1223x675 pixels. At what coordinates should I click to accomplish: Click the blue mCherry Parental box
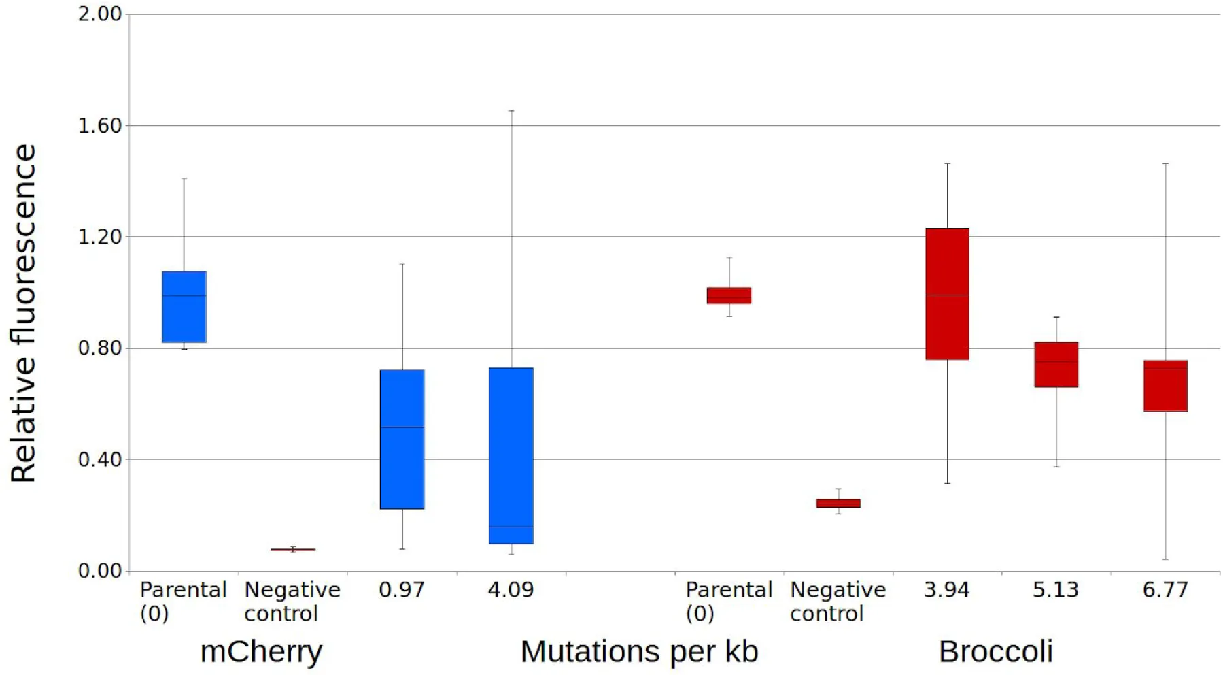[184, 307]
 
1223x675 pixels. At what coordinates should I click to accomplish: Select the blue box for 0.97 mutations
[402, 439]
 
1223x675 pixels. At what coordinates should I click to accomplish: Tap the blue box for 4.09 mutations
[511, 455]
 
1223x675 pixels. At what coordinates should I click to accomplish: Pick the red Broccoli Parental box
[729, 295]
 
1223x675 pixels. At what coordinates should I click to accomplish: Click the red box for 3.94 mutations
[947, 294]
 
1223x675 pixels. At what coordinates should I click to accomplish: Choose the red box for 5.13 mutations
[1056, 365]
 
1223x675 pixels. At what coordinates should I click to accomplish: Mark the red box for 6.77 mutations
[1165, 386]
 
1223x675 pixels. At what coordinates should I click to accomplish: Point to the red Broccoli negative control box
[838, 504]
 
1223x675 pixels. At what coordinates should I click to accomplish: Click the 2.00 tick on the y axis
[99, 14]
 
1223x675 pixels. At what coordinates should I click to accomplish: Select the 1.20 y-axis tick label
[99, 237]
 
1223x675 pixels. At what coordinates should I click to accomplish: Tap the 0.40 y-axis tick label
[99, 460]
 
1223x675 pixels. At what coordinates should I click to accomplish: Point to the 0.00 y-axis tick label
[99, 571]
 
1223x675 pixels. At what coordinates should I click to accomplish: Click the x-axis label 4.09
[511, 590]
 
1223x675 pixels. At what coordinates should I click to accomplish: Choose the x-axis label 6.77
[1165, 590]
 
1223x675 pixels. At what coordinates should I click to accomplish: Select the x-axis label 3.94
[947, 590]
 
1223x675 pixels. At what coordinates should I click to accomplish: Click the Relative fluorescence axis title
[23, 313]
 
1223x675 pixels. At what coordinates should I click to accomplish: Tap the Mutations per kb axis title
[639, 652]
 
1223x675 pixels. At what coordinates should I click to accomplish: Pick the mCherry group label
[261, 652]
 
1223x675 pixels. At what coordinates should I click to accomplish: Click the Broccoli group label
[996, 652]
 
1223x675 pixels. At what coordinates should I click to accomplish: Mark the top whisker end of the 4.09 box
[511, 110]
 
